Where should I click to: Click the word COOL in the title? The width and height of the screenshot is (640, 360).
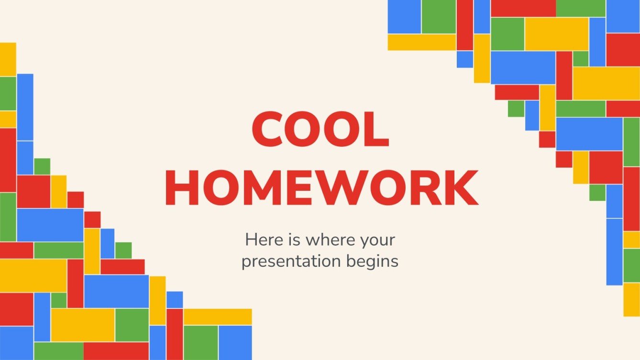(320, 129)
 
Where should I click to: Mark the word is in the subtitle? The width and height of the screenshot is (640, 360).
(294, 240)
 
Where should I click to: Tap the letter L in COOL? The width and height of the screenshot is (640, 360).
(377, 129)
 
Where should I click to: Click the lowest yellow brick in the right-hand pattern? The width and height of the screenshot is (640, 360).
(631, 299)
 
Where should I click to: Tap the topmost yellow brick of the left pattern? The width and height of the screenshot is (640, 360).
(8, 59)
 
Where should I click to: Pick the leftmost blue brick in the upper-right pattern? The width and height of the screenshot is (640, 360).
(404, 17)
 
